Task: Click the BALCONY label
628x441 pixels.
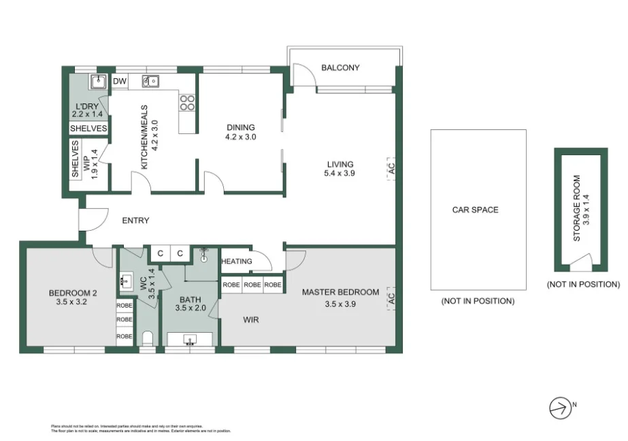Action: click(x=340, y=67)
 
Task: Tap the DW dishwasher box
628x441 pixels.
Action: click(x=120, y=82)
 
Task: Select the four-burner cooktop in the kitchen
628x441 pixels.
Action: click(x=187, y=102)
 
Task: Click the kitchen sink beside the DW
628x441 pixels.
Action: click(x=150, y=82)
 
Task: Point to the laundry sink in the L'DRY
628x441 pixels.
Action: click(x=98, y=82)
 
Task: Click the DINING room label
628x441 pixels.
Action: click(x=241, y=127)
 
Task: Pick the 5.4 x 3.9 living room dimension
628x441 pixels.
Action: click(x=340, y=174)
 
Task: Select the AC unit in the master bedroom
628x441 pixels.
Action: click(x=392, y=298)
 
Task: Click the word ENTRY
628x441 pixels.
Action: click(x=135, y=220)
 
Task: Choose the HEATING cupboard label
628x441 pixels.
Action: click(x=237, y=261)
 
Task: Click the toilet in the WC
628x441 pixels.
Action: click(x=148, y=338)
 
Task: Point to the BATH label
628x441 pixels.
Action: click(x=189, y=299)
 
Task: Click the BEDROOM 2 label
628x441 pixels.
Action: click(x=73, y=293)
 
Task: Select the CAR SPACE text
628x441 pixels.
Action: click(x=475, y=210)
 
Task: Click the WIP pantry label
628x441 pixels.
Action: click(x=86, y=164)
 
